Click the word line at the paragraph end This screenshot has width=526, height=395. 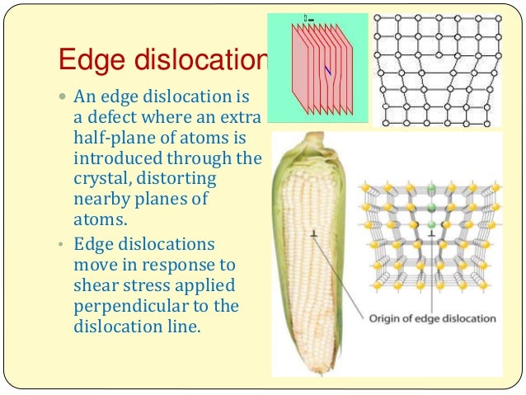point(177,327)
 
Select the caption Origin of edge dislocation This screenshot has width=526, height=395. point(432,318)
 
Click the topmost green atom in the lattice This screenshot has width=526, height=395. point(430,186)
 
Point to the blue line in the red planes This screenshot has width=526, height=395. point(328,73)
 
